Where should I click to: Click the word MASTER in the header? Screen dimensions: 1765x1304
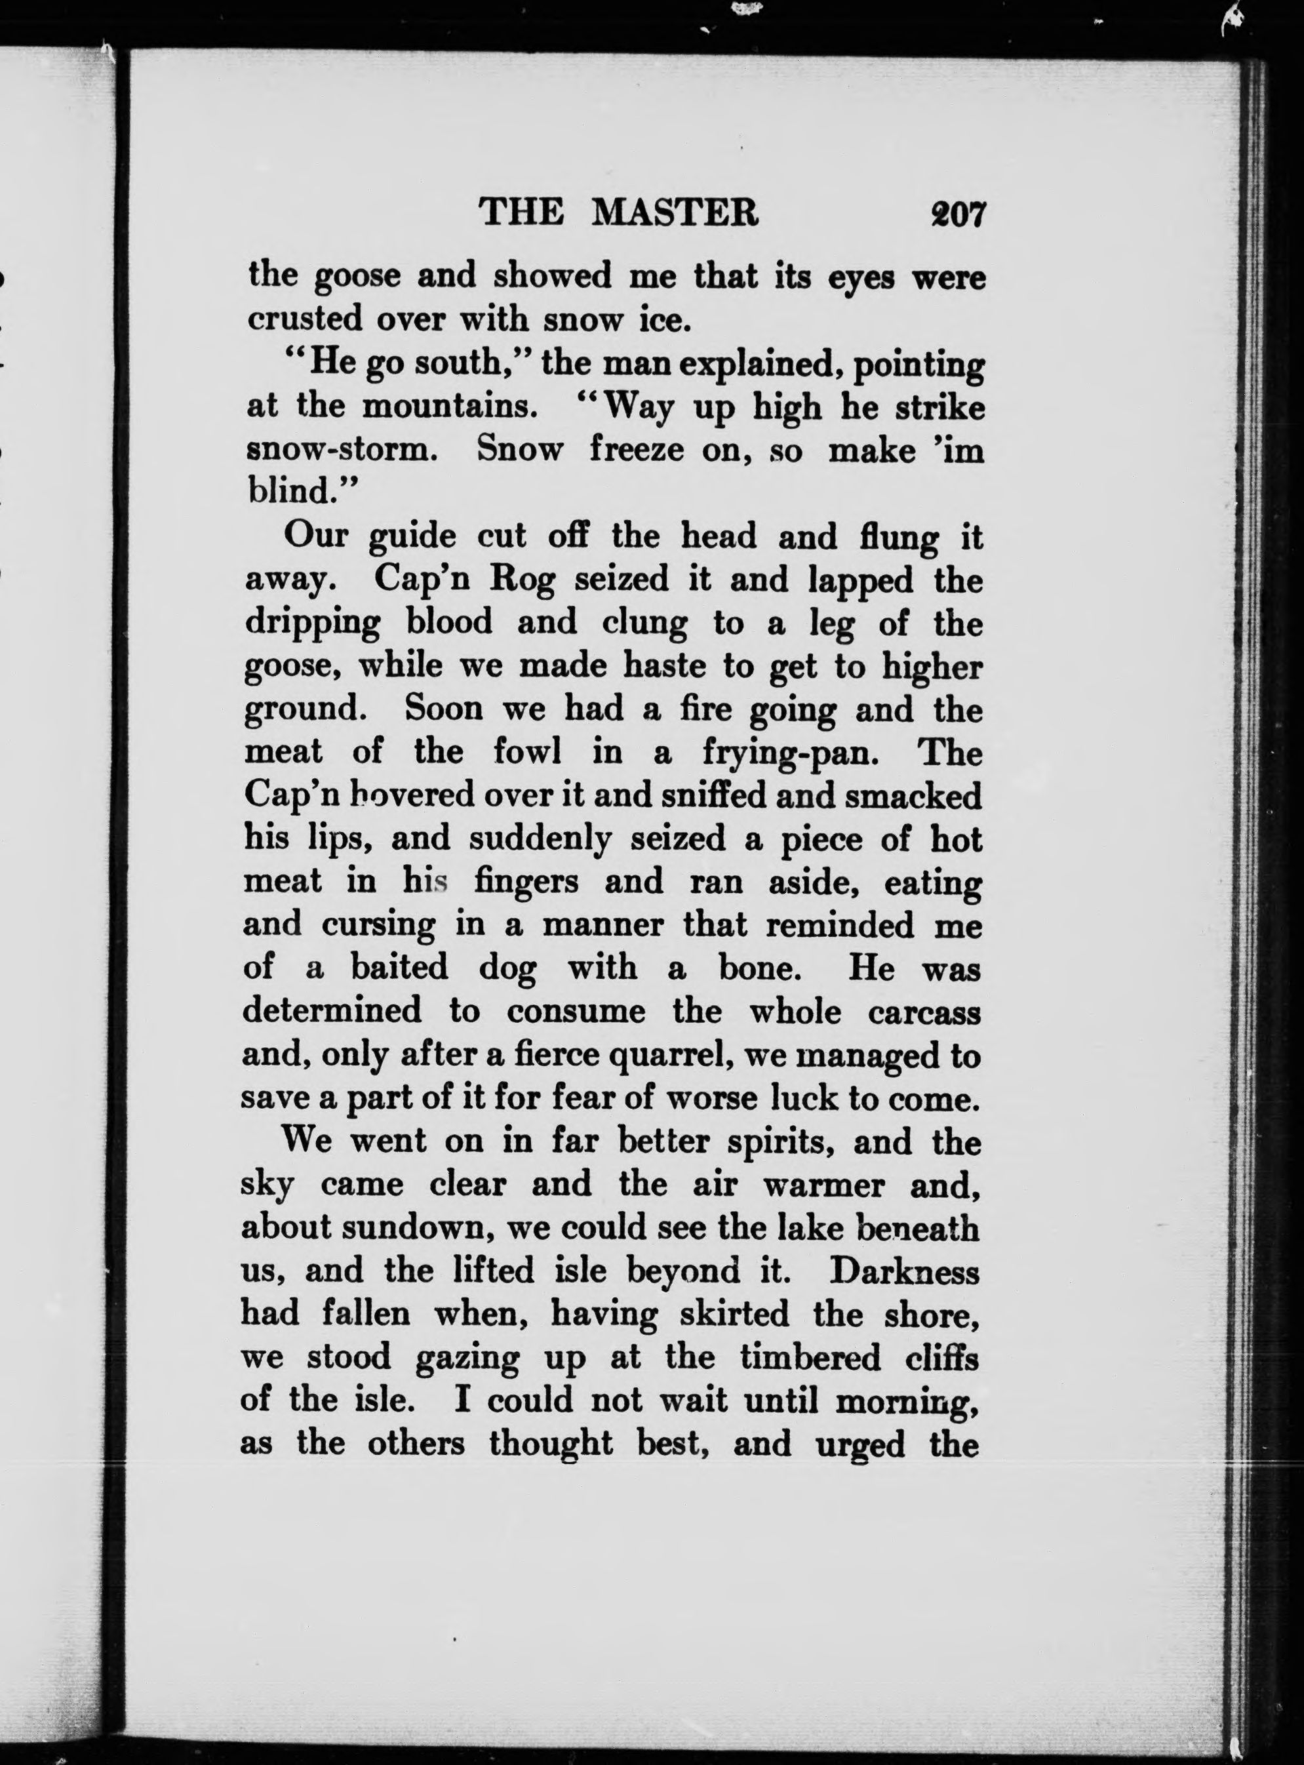674,213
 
